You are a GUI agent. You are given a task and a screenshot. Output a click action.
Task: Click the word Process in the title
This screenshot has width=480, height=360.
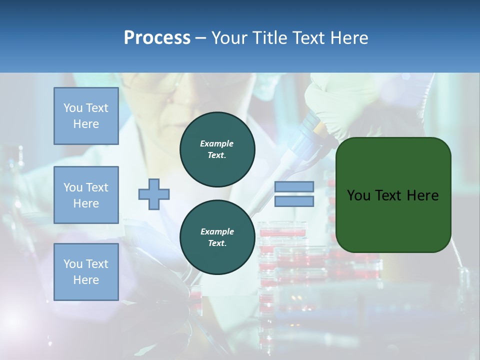tap(157, 38)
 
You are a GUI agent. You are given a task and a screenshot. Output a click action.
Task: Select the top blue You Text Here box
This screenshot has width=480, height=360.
tap(86, 116)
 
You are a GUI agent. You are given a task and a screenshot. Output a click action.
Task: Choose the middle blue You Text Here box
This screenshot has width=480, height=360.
tap(86, 195)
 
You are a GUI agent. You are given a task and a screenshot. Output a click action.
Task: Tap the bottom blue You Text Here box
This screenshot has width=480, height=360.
tap(86, 271)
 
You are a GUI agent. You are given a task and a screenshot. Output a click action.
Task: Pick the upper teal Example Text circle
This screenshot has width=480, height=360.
tap(217, 149)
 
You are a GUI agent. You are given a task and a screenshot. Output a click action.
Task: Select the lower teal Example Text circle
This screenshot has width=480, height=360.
tap(217, 237)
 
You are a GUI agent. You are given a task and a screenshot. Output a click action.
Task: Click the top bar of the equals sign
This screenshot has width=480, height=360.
tap(294, 187)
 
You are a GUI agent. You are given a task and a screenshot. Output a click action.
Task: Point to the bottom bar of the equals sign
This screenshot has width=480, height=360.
tap(294, 201)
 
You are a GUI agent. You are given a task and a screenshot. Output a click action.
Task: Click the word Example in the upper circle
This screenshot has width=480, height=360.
tap(217, 143)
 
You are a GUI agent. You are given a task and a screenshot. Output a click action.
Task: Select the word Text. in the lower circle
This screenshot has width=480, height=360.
tap(217, 243)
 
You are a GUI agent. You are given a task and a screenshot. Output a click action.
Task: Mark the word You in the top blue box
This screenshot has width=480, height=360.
tap(73, 108)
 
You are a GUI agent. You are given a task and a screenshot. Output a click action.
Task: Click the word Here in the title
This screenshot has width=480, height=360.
tap(350, 38)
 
